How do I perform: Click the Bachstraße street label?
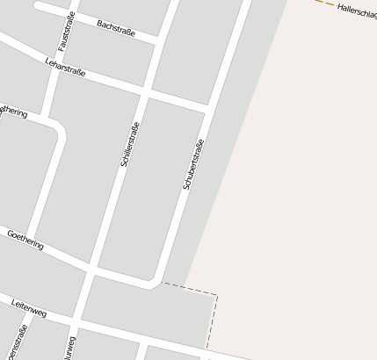click(116, 29)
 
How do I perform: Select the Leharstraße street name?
click(65, 66)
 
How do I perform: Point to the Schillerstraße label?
click(128, 145)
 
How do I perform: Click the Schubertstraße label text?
click(193, 164)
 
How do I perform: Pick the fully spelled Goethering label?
click(25, 240)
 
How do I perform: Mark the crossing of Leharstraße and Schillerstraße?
click(145, 91)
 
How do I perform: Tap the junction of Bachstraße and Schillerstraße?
click(159, 42)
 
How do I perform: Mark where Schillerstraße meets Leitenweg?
click(78, 321)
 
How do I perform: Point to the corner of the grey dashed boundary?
click(216, 296)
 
